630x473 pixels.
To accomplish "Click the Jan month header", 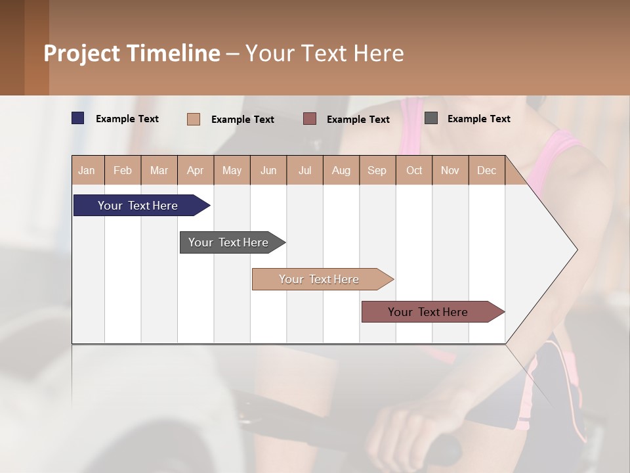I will click(87, 170).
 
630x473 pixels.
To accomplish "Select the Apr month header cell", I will click(195, 170).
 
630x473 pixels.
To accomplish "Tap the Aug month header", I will click(341, 170).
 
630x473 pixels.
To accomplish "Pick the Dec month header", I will click(486, 170).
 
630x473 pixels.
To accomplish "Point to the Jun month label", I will click(268, 170).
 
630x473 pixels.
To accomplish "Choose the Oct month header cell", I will click(413, 170).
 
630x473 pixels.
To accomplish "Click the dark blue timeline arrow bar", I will click(138, 206).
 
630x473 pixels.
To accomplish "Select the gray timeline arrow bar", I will click(229, 242).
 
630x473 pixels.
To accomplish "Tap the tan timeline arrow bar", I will click(320, 279).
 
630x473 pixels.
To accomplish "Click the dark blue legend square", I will click(77, 118).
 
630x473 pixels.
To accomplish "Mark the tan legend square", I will click(193, 119).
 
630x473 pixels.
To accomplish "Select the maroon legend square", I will click(310, 118).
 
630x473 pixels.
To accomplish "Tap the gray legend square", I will click(431, 118).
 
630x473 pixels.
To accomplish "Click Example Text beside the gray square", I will click(478, 119).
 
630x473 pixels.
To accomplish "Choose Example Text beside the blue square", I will click(127, 119).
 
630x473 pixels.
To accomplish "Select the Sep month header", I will click(377, 170).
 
